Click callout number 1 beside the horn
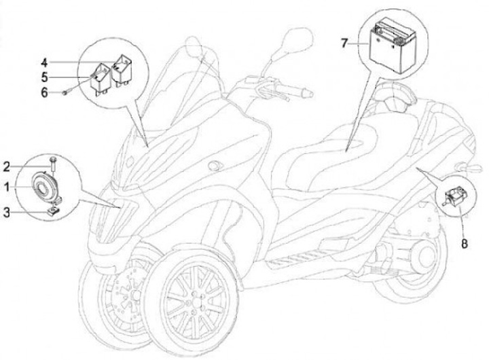(x=5, y=185)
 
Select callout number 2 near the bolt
(x=5, y=166)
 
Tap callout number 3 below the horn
(x=5, y=212)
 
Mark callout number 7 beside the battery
(x=344, y=43)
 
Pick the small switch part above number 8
(x=454, y=196)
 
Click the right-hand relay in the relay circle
(x=122, y=67)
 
